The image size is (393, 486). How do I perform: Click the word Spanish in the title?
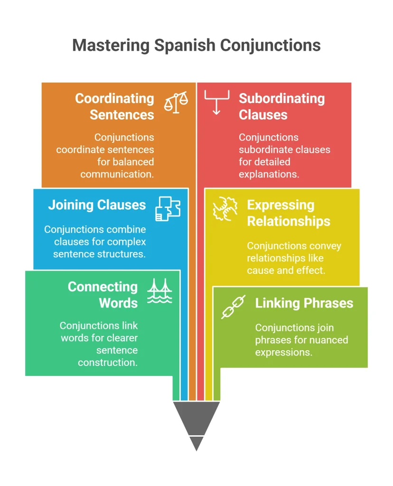[185, 46]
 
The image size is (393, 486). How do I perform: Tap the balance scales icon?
[176, 103]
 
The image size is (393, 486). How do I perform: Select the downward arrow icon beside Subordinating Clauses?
[216, 103]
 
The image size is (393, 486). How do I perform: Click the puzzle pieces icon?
[168, 209]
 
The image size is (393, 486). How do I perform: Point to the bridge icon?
[159, 291]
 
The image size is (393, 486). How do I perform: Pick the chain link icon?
[233, 307]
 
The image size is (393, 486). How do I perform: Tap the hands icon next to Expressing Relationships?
[225, 209]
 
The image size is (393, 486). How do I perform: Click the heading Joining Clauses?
[97, 205]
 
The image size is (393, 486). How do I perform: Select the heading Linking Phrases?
[304, 303]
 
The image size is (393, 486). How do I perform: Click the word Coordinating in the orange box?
[115, 99]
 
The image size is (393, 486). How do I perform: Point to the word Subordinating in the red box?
[282, 99]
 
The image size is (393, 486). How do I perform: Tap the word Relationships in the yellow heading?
[289, 221]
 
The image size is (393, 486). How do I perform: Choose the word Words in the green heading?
[118, 303]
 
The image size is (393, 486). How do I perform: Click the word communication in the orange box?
[117, 174]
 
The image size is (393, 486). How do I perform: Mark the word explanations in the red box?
[269, 175]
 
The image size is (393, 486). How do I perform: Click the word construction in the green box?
[108, 362]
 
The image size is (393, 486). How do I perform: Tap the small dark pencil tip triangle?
[196, 444]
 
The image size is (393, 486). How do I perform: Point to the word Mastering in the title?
[111, 46]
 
